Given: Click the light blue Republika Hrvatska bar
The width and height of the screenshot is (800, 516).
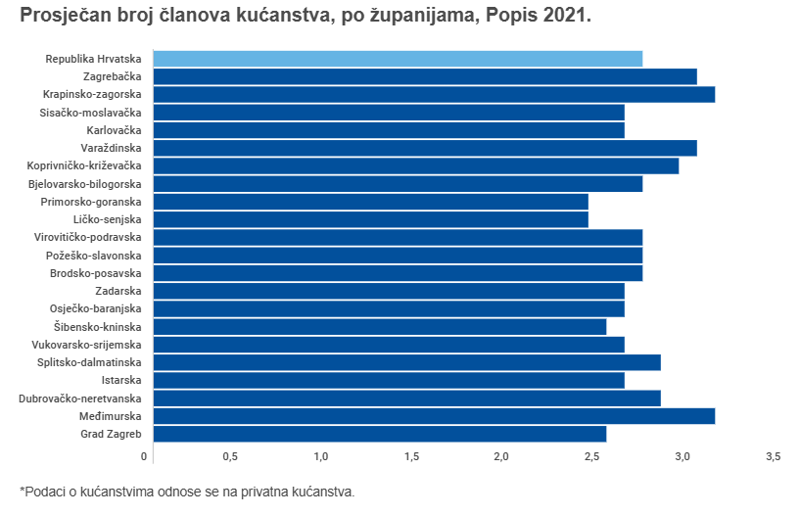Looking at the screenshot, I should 398,59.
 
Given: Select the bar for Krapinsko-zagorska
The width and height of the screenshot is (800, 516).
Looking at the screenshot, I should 434,94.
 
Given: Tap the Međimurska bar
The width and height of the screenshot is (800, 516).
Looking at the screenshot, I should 434,415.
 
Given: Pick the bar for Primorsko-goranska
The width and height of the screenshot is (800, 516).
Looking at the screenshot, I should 371,202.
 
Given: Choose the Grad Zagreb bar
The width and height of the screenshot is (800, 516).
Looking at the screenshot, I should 380,434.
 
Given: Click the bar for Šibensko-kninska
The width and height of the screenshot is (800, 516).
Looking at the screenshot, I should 380,326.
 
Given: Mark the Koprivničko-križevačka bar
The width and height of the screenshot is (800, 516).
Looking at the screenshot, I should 416,165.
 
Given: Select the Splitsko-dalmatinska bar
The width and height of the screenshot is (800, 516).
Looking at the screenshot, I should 407,362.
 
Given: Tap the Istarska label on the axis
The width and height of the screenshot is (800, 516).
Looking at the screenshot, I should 121,380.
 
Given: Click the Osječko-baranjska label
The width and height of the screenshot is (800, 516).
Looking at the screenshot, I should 96,308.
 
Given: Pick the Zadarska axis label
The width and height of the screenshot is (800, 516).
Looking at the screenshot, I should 118,291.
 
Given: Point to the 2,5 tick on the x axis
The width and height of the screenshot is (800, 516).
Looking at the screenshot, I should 592,457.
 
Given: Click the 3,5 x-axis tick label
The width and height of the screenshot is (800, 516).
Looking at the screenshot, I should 773,457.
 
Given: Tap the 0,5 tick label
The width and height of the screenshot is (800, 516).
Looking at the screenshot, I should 231,457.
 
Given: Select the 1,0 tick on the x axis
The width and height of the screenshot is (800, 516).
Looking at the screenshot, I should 321,457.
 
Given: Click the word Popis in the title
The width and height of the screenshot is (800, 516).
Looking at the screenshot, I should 522,17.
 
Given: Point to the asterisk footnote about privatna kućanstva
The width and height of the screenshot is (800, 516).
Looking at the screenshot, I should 186,492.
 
